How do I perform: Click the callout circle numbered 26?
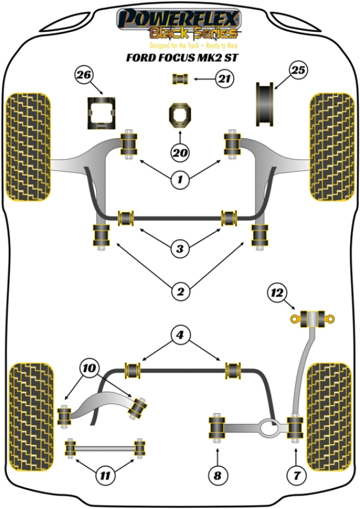pyautogui.click(x=84, y=76)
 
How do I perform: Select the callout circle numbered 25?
pyautogui.click(x=298, y=71)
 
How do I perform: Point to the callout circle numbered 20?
pyautogui.click(x=180, y=153)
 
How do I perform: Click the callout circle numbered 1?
pyautogui.click(x=180, y=178)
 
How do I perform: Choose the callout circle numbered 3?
pyautogui.click(x=179, y=248)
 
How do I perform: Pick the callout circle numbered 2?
pyautogui.click(x=179, y=292)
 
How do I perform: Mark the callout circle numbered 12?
pyautogui.click(x=277, y=293)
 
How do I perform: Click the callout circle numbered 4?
pyautogui.click(x=179, y=334)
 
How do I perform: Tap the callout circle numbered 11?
pyautogui.click(x=105, y=476)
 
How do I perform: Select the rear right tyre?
pyautogui.click(x=329, y=417)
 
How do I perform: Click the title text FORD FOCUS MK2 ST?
pyautogui.click(x=179, y=58)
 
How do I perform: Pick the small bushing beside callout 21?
pyautogui.click(x=180, y=78)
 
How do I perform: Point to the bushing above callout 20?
pyautogui.click(x=180, y=115)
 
